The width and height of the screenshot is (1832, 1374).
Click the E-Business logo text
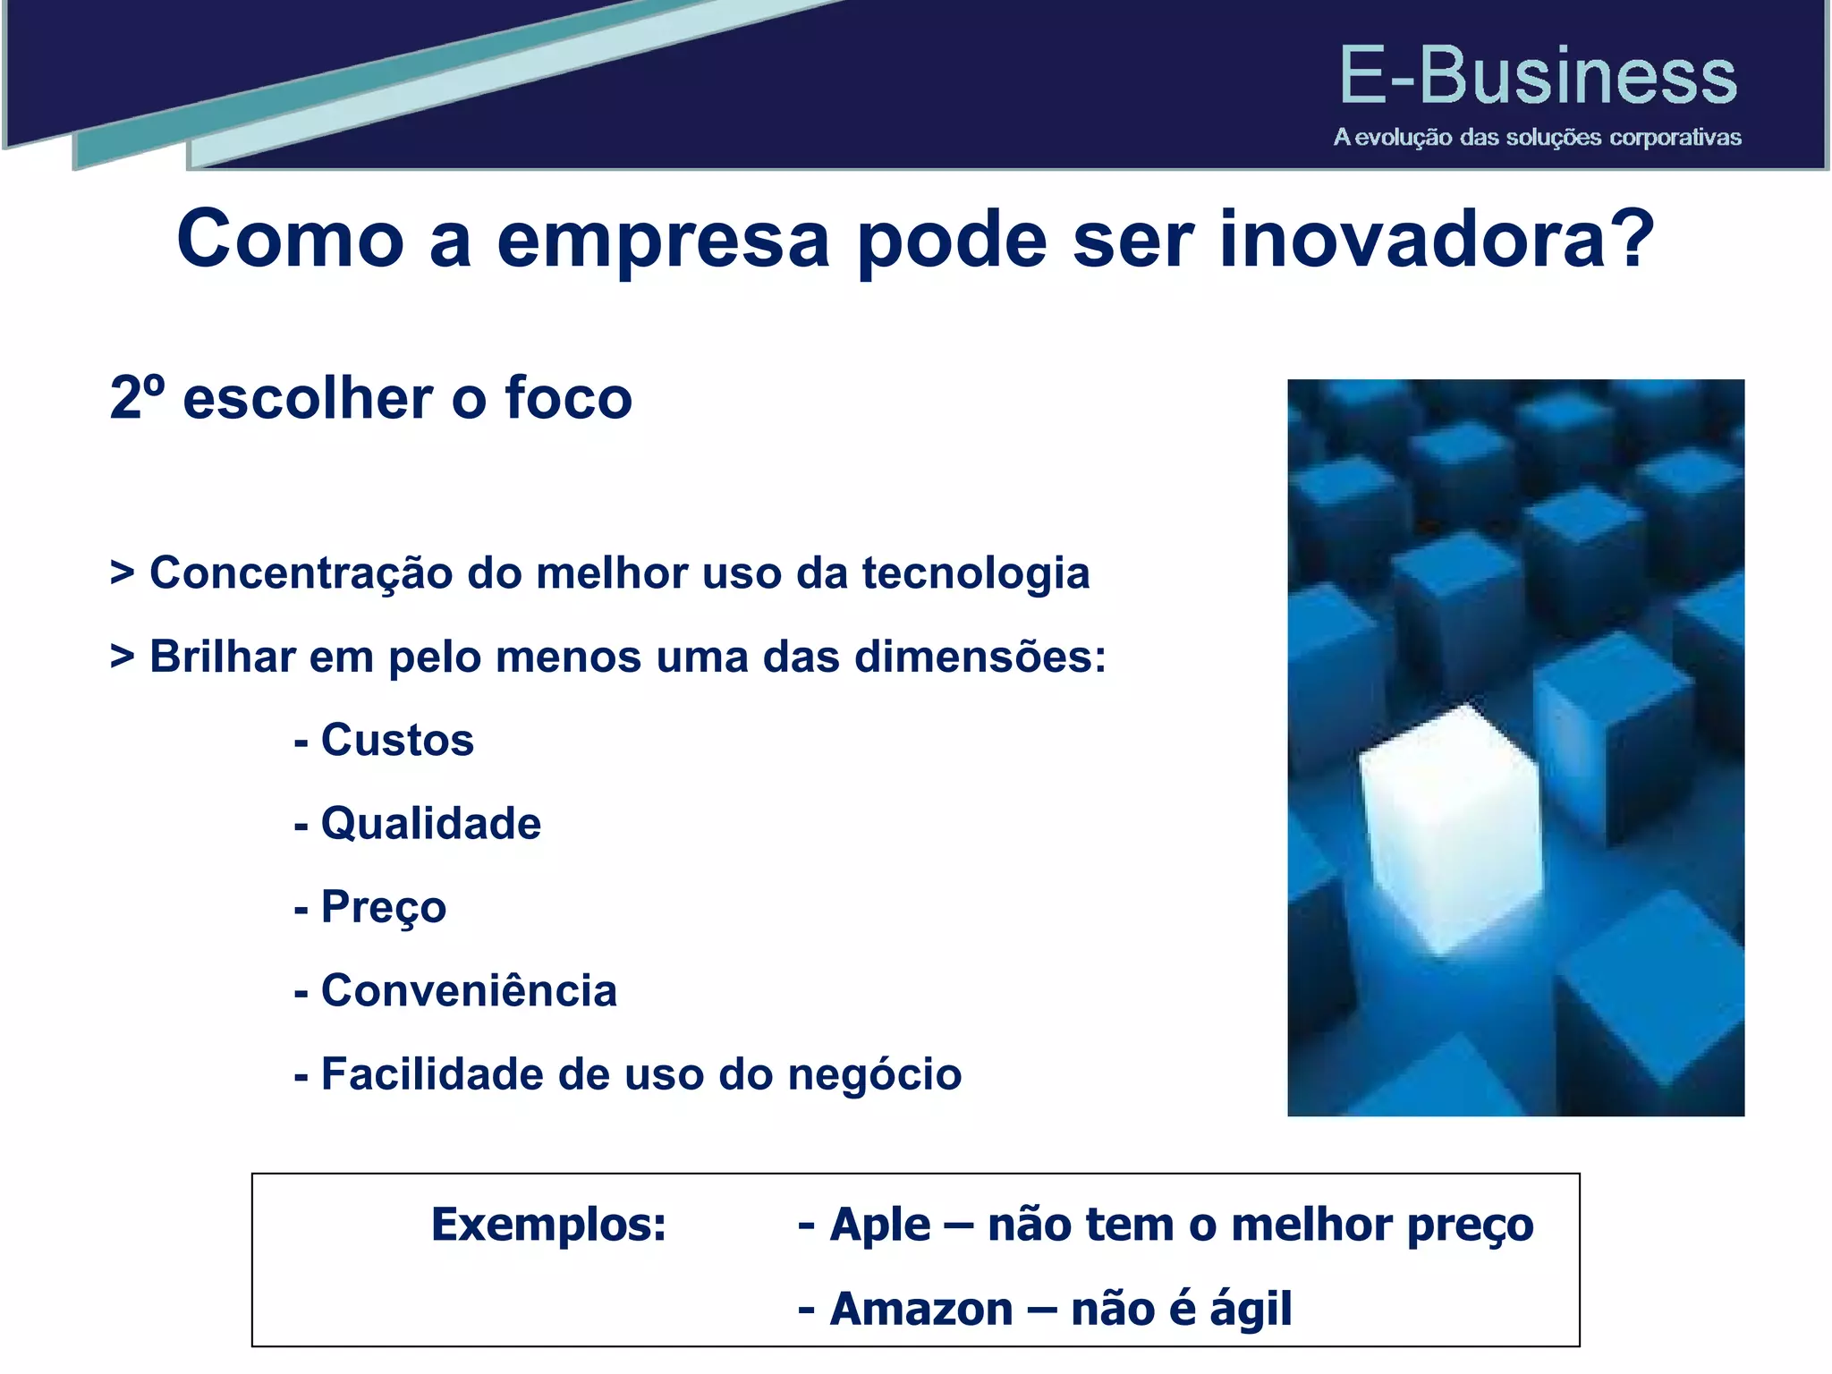(1537, 77)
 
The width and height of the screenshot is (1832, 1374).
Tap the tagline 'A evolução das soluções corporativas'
(1537, 138)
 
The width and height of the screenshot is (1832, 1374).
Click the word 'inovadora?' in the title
(1436, 240)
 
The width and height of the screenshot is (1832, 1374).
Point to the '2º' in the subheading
(137, 398)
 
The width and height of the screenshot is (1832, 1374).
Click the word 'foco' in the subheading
(568, 398)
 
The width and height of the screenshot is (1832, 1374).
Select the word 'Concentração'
(301, 574)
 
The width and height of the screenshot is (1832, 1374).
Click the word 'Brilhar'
(222, 657)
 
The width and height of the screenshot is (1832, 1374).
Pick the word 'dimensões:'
(980, 657)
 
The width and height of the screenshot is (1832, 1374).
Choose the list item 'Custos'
(396, 741)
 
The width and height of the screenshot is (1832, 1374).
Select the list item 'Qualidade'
(430, 824)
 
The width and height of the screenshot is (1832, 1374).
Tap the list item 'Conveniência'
(468, 991)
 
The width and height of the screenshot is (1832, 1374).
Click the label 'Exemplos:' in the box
(548, 1226)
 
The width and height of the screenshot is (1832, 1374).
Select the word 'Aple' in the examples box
(879, 1226)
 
